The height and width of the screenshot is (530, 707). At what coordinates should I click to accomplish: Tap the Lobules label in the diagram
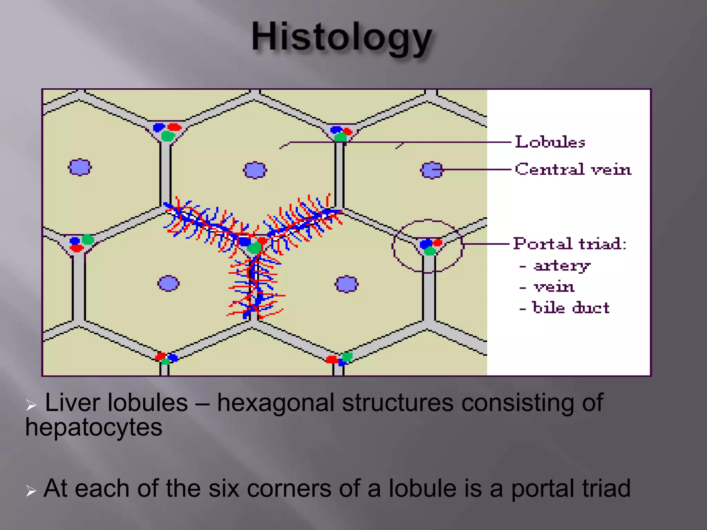(x=550, y=142)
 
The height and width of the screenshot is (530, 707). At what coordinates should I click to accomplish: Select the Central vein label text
(x=573, y=169)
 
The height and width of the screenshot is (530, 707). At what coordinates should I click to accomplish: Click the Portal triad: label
(x=570, y=244)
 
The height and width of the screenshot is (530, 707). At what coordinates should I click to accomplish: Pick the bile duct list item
(x=571, y=307)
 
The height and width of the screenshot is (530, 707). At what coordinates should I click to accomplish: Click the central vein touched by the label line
(x=431, y=170)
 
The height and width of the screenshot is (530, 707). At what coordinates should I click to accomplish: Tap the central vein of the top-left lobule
(x=80, y=167)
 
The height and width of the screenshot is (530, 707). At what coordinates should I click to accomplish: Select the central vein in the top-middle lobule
(x=255, y=170)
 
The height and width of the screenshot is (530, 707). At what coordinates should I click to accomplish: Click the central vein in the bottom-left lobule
(x=168, y=283)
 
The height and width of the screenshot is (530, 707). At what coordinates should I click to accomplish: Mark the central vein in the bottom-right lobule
(x=347, y=284)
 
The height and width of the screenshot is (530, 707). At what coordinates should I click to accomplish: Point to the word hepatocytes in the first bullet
(x=94, y=427)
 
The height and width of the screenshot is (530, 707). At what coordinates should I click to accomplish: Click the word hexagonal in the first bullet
(x=275, y=403)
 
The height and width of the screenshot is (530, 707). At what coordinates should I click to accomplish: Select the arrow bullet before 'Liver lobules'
(x=31, y=405)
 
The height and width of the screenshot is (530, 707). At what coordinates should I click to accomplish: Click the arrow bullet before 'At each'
(x=31, y=490)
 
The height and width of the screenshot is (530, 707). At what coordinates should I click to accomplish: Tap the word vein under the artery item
(x=554, y=287)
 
